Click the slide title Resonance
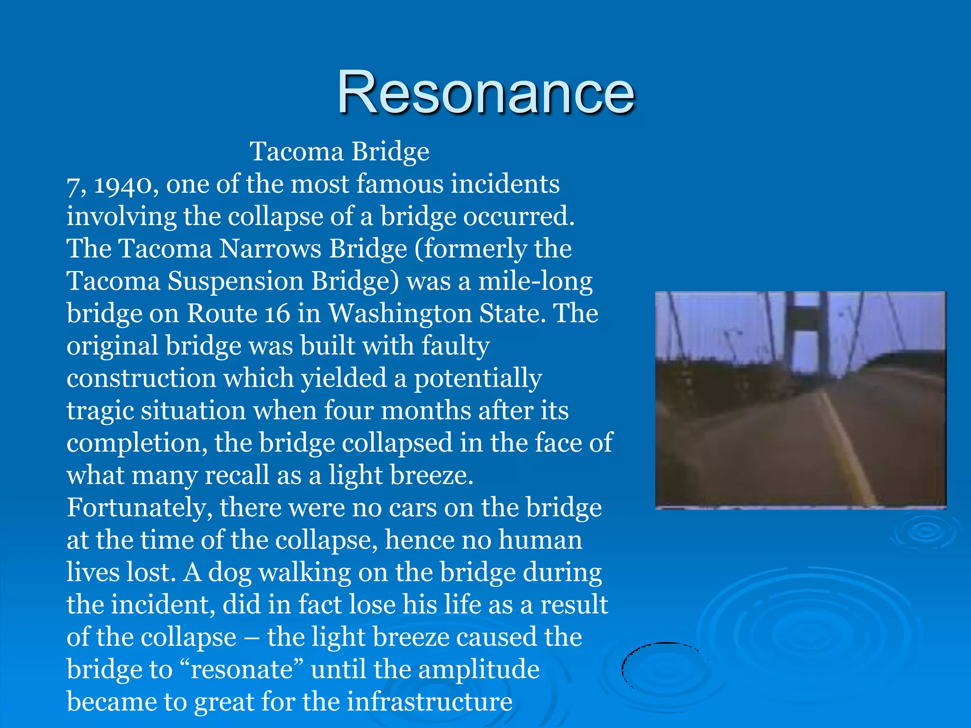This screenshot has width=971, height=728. pos(485,92)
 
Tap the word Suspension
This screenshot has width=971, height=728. pos(235,281)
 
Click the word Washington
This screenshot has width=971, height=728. pos(400,314)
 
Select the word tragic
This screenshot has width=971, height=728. pos(100,411)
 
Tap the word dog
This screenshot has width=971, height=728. pos(229,573)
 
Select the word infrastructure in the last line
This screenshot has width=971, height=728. pos(430,702)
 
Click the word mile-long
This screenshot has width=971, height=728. pos(535,281)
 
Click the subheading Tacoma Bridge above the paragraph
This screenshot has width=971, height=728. pos(339,152)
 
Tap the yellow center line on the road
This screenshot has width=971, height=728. pos(849,450)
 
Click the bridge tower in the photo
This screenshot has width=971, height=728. pos(806,332)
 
